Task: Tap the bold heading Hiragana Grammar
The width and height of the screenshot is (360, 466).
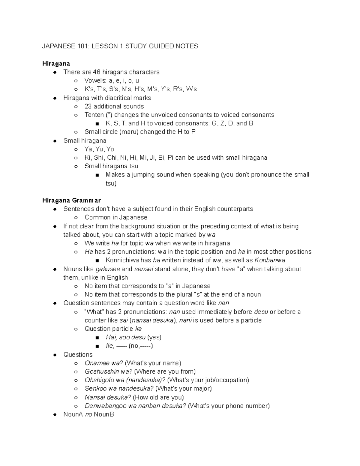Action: (71, 200)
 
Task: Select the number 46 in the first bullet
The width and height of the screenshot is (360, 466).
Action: (97, 72)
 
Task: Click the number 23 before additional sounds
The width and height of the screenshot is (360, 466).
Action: (88, 106)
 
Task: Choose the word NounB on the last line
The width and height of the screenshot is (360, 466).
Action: (104, 415)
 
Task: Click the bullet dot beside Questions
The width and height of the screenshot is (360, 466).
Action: (55, 355)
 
